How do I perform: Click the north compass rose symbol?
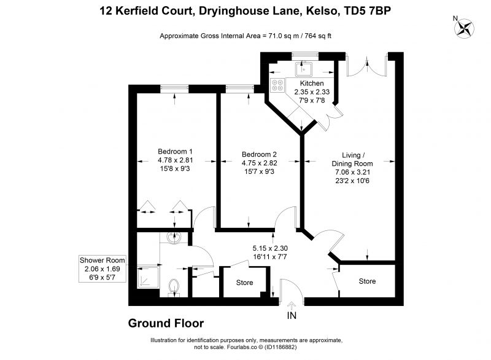click(464, 28)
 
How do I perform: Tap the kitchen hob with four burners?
click(277, 85)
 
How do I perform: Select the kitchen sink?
click(303, 69)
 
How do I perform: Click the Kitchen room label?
click(312, 84)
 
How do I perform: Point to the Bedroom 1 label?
click(175, 152)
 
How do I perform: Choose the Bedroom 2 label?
click(259, 154)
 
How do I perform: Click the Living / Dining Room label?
click(352, 160)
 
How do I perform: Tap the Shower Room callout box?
click(102, 268)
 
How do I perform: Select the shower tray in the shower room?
click(149, 277)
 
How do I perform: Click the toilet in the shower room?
click(174, 288)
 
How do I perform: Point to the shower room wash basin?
click(174, 238)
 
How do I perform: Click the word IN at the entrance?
click(292, 316)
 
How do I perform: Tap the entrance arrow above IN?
click(292, 305)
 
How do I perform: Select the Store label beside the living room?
click(367, 281)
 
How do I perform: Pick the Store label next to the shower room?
click(244, 283)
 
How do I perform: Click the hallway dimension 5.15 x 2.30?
click(270, 248)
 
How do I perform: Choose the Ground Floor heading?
click(166, 323)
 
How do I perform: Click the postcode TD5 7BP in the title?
click(367, 11)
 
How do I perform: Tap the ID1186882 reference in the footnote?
click(280, 347)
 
